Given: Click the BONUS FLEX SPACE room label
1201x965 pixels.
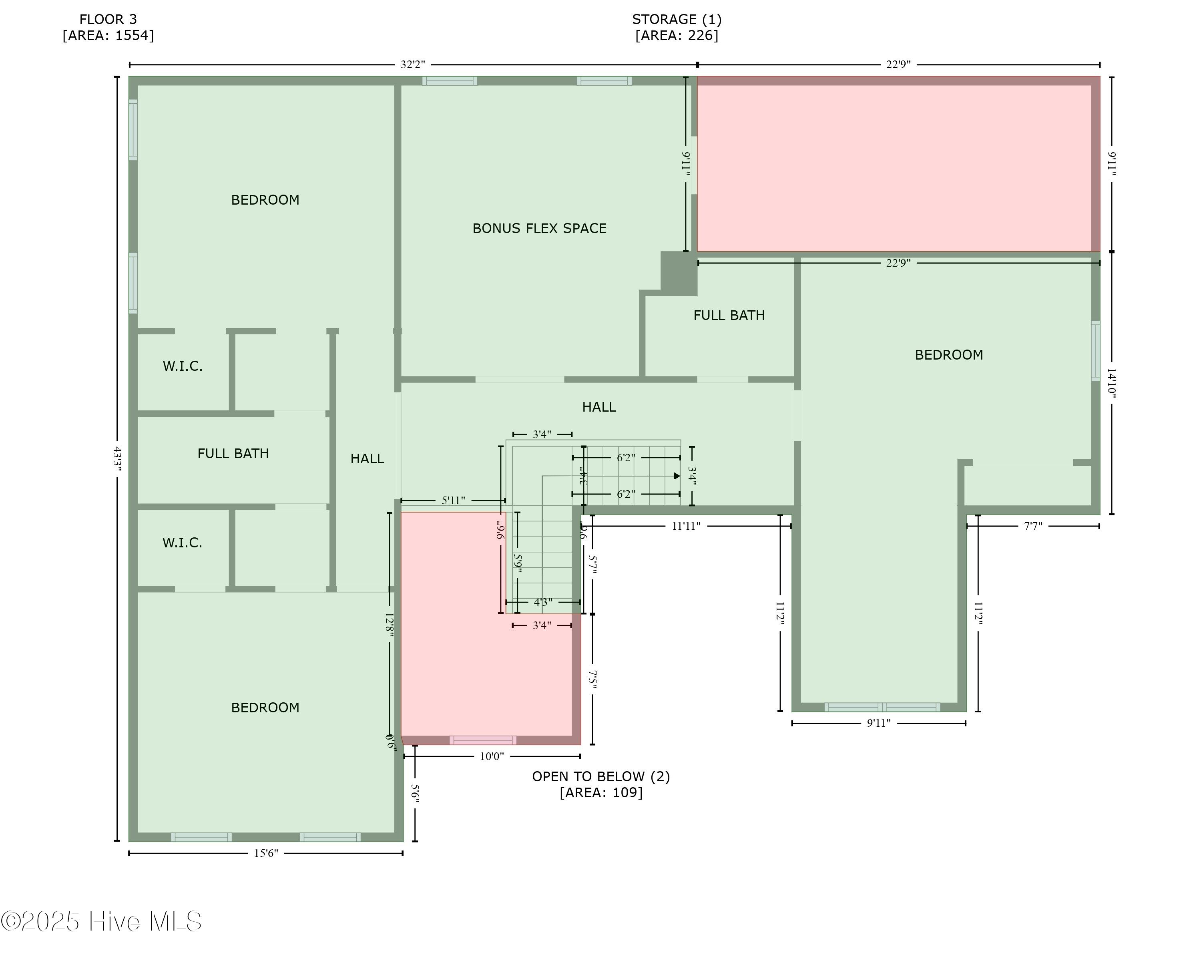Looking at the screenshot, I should point(539,228).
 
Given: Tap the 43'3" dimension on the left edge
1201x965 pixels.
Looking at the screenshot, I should point(117,458).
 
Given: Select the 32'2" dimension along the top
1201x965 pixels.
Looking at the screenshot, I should point(413,64).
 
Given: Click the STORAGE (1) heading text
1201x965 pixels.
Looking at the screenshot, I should point(676,20).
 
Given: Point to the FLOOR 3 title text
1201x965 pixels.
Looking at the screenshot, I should point(108,20).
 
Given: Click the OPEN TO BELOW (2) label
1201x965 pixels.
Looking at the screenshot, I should point(600,777).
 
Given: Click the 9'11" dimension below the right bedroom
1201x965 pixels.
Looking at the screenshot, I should point(878,723).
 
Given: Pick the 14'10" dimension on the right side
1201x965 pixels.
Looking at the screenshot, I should point(1111,383).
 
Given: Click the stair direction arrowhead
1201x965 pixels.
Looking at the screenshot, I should point(677,476).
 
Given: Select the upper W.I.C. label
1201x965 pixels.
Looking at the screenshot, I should point(182,366).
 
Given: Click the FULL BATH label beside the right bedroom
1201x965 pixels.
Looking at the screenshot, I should point(729,316).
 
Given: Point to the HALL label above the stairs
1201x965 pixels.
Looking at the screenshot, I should point(599,407).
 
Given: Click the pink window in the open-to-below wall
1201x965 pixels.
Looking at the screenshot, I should point(483,740).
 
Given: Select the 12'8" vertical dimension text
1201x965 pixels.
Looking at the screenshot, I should point(390,625).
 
